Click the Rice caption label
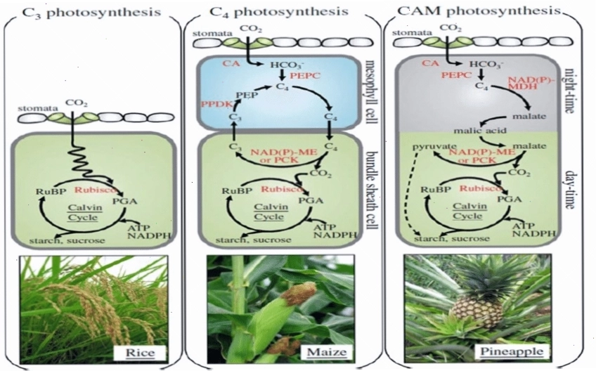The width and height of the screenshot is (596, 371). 141,353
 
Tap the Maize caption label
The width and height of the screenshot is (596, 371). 327,351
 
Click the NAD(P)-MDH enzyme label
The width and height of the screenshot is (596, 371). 528,83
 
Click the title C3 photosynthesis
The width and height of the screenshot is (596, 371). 91,12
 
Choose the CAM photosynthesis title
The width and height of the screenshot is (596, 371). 479,11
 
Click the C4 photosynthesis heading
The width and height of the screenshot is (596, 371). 279,11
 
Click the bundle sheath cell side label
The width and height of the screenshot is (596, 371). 372,190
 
